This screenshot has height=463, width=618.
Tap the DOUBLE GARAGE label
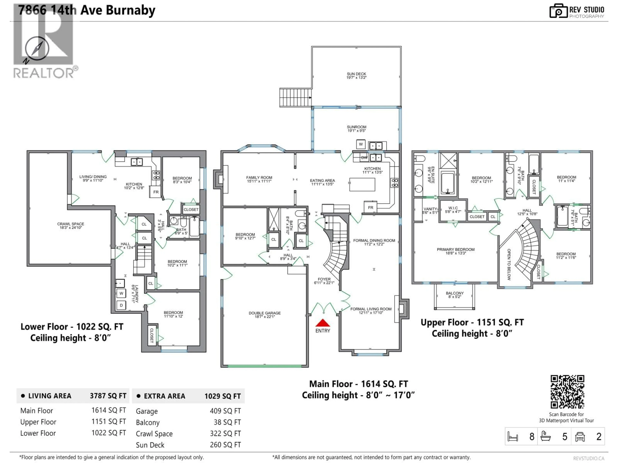(x=265, y=314)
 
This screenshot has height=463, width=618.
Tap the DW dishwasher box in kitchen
(x=364, y=158)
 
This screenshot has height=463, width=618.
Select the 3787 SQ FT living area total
(x=108, y=396)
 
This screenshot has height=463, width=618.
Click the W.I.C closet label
(x=453, y=210)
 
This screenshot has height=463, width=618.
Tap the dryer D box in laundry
(x=121, y=305)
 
